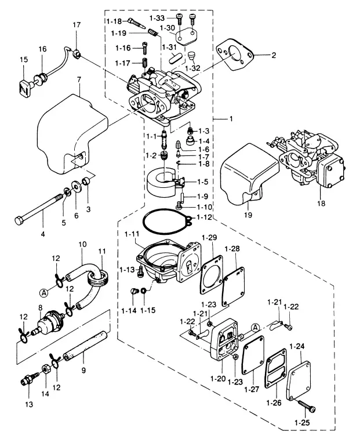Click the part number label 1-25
point(302,423)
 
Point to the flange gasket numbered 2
point(234,56)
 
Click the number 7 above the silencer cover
point(79,80)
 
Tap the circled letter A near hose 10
point(43,293)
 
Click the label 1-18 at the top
point(114,21)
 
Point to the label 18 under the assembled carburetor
point(321,203)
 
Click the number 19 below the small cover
point(248,215)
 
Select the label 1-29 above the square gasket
point(209,238)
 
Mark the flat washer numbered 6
point(76,187)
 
